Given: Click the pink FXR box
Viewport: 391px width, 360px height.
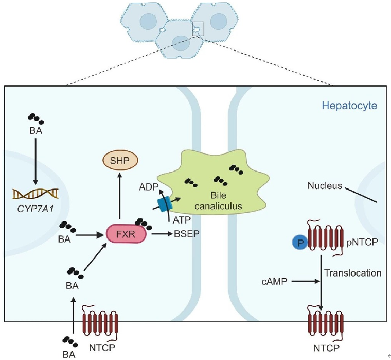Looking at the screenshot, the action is click(x=126, y=234).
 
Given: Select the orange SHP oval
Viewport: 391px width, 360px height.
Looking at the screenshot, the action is click(x=120, y=160).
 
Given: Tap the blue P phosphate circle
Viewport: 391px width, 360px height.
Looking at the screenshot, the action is click(x=300, y=243).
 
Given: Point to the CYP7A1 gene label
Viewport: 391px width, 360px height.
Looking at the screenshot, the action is click(x=35, y=209).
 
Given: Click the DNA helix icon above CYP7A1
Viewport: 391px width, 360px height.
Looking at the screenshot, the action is click(x=35, y=194).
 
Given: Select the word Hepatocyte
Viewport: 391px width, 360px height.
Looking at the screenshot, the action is click(x=349, y=106).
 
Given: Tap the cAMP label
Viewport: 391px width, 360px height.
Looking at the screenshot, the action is click(x=275, y=281).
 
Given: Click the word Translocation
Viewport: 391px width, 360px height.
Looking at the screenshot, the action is click(x=352, y=273).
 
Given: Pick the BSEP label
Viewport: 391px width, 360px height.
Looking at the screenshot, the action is click(x=187, y=234).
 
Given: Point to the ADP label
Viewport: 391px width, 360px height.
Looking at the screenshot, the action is click(x=149, y=187).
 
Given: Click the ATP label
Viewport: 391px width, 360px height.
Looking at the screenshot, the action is click(x=182, y=220).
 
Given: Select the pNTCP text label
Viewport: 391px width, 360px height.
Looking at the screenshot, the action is click(x=362, y=242).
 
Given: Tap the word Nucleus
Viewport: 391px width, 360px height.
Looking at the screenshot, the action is click(x=325, y=185).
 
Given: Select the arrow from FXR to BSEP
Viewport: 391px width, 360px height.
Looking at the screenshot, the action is click(x=162, y=234).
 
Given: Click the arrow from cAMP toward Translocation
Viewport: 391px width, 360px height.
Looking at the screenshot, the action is click(x=306, y=281).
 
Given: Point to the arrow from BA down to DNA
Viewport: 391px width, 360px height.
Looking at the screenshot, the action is click(x=35, y=162).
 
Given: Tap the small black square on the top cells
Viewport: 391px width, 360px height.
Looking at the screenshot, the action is click(x=198, y=28).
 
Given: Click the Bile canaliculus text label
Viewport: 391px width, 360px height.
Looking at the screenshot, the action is click(x=219, y=200).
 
